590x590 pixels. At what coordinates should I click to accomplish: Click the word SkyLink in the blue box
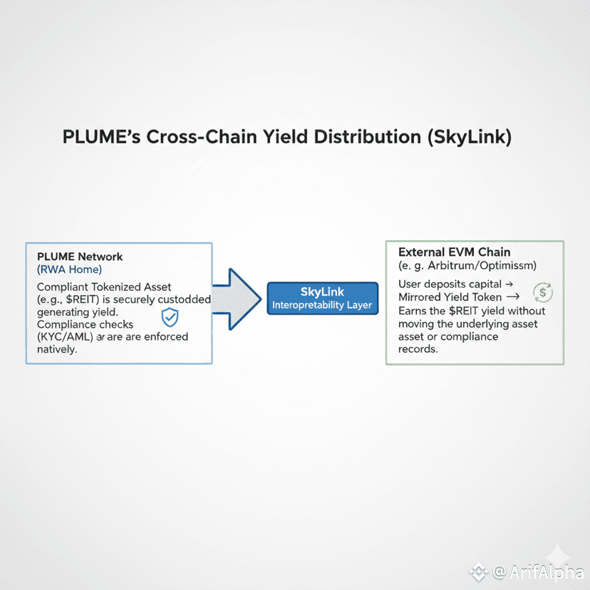(322, 292)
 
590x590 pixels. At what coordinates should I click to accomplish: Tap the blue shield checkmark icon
(170, 317)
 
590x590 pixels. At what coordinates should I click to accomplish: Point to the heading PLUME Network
(80, 257)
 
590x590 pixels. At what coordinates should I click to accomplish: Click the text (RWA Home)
(69, 269)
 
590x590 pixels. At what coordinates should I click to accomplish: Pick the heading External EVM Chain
(455, 252)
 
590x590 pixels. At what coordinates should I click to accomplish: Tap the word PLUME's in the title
(100, 138)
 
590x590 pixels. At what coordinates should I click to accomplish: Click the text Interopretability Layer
(322, 306)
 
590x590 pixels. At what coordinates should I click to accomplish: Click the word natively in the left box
(56, 350)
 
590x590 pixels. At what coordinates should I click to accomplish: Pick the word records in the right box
(419, 350)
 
